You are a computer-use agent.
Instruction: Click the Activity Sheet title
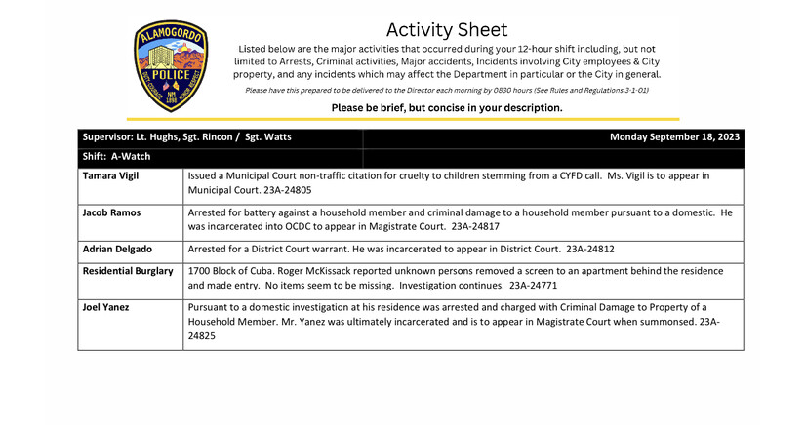[447, 30]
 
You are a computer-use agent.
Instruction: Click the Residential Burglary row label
[128, 270]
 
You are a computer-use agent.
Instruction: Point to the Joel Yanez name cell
[108, 307]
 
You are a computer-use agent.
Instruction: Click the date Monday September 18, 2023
[674, 137]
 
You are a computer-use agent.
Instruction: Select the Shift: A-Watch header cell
[117, 156]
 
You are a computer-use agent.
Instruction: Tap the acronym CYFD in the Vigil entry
[559, 176]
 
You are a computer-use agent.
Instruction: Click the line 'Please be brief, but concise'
[446, 108]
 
